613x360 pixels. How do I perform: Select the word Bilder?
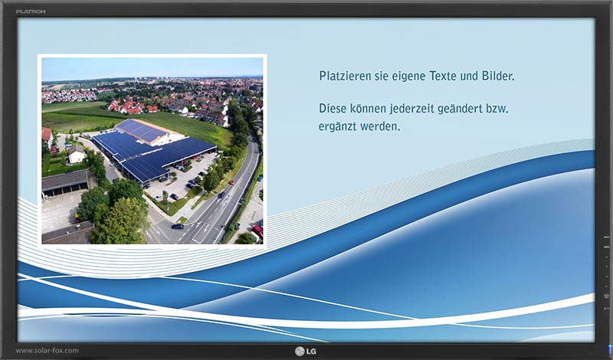click(x=497, y=75)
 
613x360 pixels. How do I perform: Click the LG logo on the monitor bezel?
click(x=306, y=352)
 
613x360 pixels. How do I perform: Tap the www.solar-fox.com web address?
click(x=48, y=351)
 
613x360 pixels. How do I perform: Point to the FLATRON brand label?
click(x=31, y=11)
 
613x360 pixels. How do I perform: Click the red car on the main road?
click(x=233, y=182)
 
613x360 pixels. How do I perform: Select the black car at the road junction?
click(x=178, y=226)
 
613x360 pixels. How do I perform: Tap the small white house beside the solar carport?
click(x=76, y=155)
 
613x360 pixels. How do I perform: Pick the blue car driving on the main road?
click(x=221, y=195)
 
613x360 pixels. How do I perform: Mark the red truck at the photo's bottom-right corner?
click(x=257, y=231)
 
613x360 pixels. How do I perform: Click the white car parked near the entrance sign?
click(x=159, y=198)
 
